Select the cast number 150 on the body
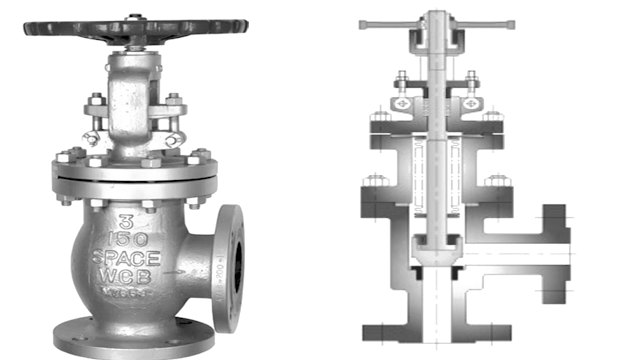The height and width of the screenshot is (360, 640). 128,240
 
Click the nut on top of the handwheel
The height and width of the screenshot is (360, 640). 134,16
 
